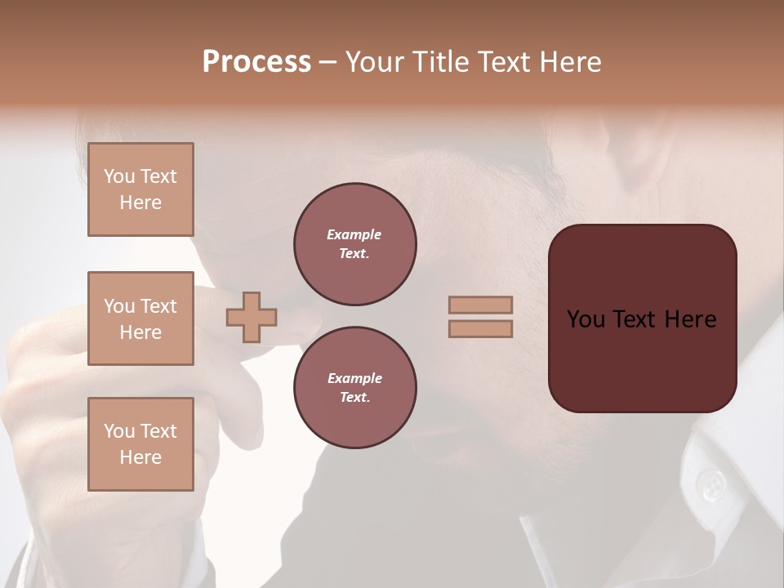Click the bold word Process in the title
[x=256, y=62]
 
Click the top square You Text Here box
[x=140, y=189]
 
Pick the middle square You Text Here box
[x=140, y=318]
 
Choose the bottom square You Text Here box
[x=140, y=444]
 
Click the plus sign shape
[x=252, y=317]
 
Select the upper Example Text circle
[x=355, y=244]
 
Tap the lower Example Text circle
[x=355, y=388]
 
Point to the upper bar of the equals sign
[x=481, y=305]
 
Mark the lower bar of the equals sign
[x=481, y=328]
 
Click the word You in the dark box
[x=586, y=319]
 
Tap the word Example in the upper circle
[x=354, y=235]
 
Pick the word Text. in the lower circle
[x=354, y=398]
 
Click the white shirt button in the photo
[x=713, y=487]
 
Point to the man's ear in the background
[x=645, y=155]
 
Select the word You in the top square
[x=119, y=176]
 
